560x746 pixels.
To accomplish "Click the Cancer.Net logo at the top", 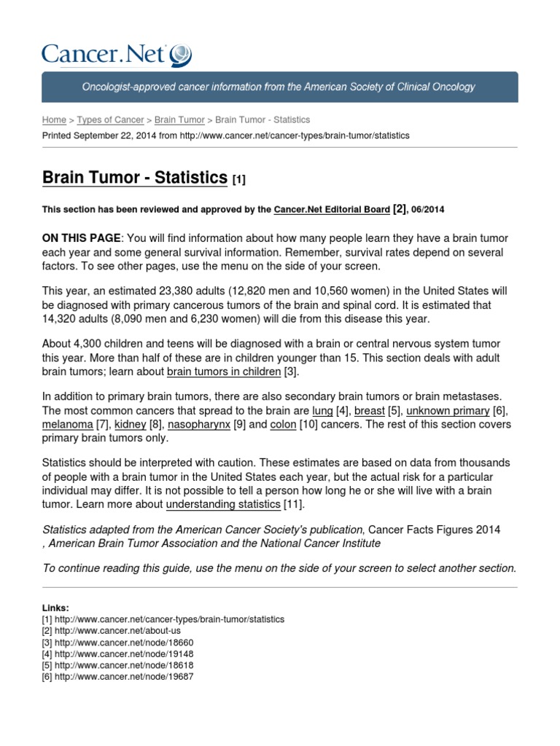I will pyautogui.click(x=117, y=54).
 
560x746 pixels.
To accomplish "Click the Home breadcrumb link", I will pyautogui.click(x=54, y=119).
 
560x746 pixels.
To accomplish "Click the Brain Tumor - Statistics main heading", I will pyautogui.click(x=135, y=178).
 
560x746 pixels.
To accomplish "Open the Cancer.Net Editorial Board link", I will pyautogui.click(x=332, y=210).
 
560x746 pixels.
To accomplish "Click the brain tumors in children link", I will pyautogui.click(x=224, y=372).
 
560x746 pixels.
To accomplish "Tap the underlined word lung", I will pyautogui.click(x=322, y=411).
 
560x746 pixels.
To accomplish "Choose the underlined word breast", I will pyautogui.click(x=369, y=411).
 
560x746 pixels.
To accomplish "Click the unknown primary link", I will pyautogui.click(x=448, y=411).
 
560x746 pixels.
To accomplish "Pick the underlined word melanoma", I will pyautogui.click(x=68, y=424).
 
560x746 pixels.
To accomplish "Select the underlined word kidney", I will pyautogui.click(x=131, y=424).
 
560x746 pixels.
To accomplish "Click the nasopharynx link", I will pyautogui.click(x=199, y=424).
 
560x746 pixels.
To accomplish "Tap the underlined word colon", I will pyautogui.click(x=282, y=424).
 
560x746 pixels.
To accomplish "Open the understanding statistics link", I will pyautogui.click(x=223, y=504).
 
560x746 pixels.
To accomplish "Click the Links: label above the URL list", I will pyautogui.click(x=56, y=608).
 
